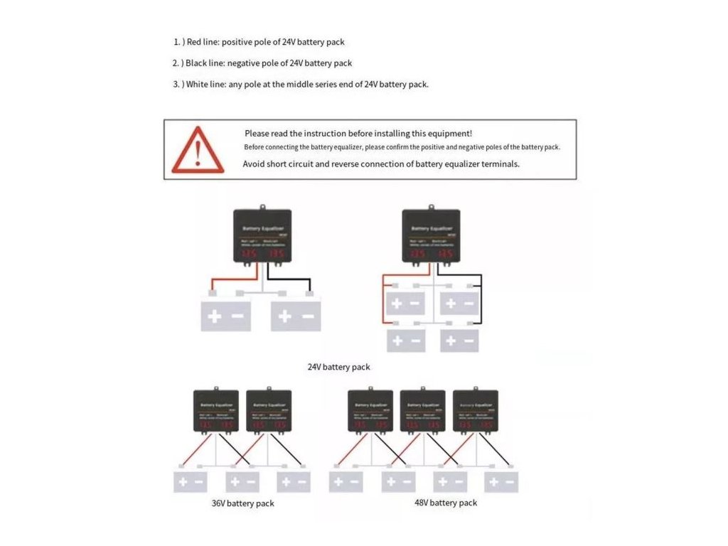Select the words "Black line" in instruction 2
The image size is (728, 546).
click(x=204, y=63)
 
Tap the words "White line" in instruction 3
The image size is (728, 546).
click(x=205, y=84)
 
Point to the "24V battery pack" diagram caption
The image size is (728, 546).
click(x=338, y=367)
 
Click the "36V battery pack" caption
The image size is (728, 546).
click(x=242, y=503)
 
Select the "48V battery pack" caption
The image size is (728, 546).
click(x=446, y=503)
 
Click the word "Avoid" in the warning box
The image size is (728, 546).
click(x=254, y=164)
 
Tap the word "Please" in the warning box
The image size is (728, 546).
click(x=257, y=133)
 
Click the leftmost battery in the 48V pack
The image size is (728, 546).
click(x=346, y=482)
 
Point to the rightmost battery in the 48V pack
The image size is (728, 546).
click(x=501, y=482)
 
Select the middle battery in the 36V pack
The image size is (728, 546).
click(x=242, y=482)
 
